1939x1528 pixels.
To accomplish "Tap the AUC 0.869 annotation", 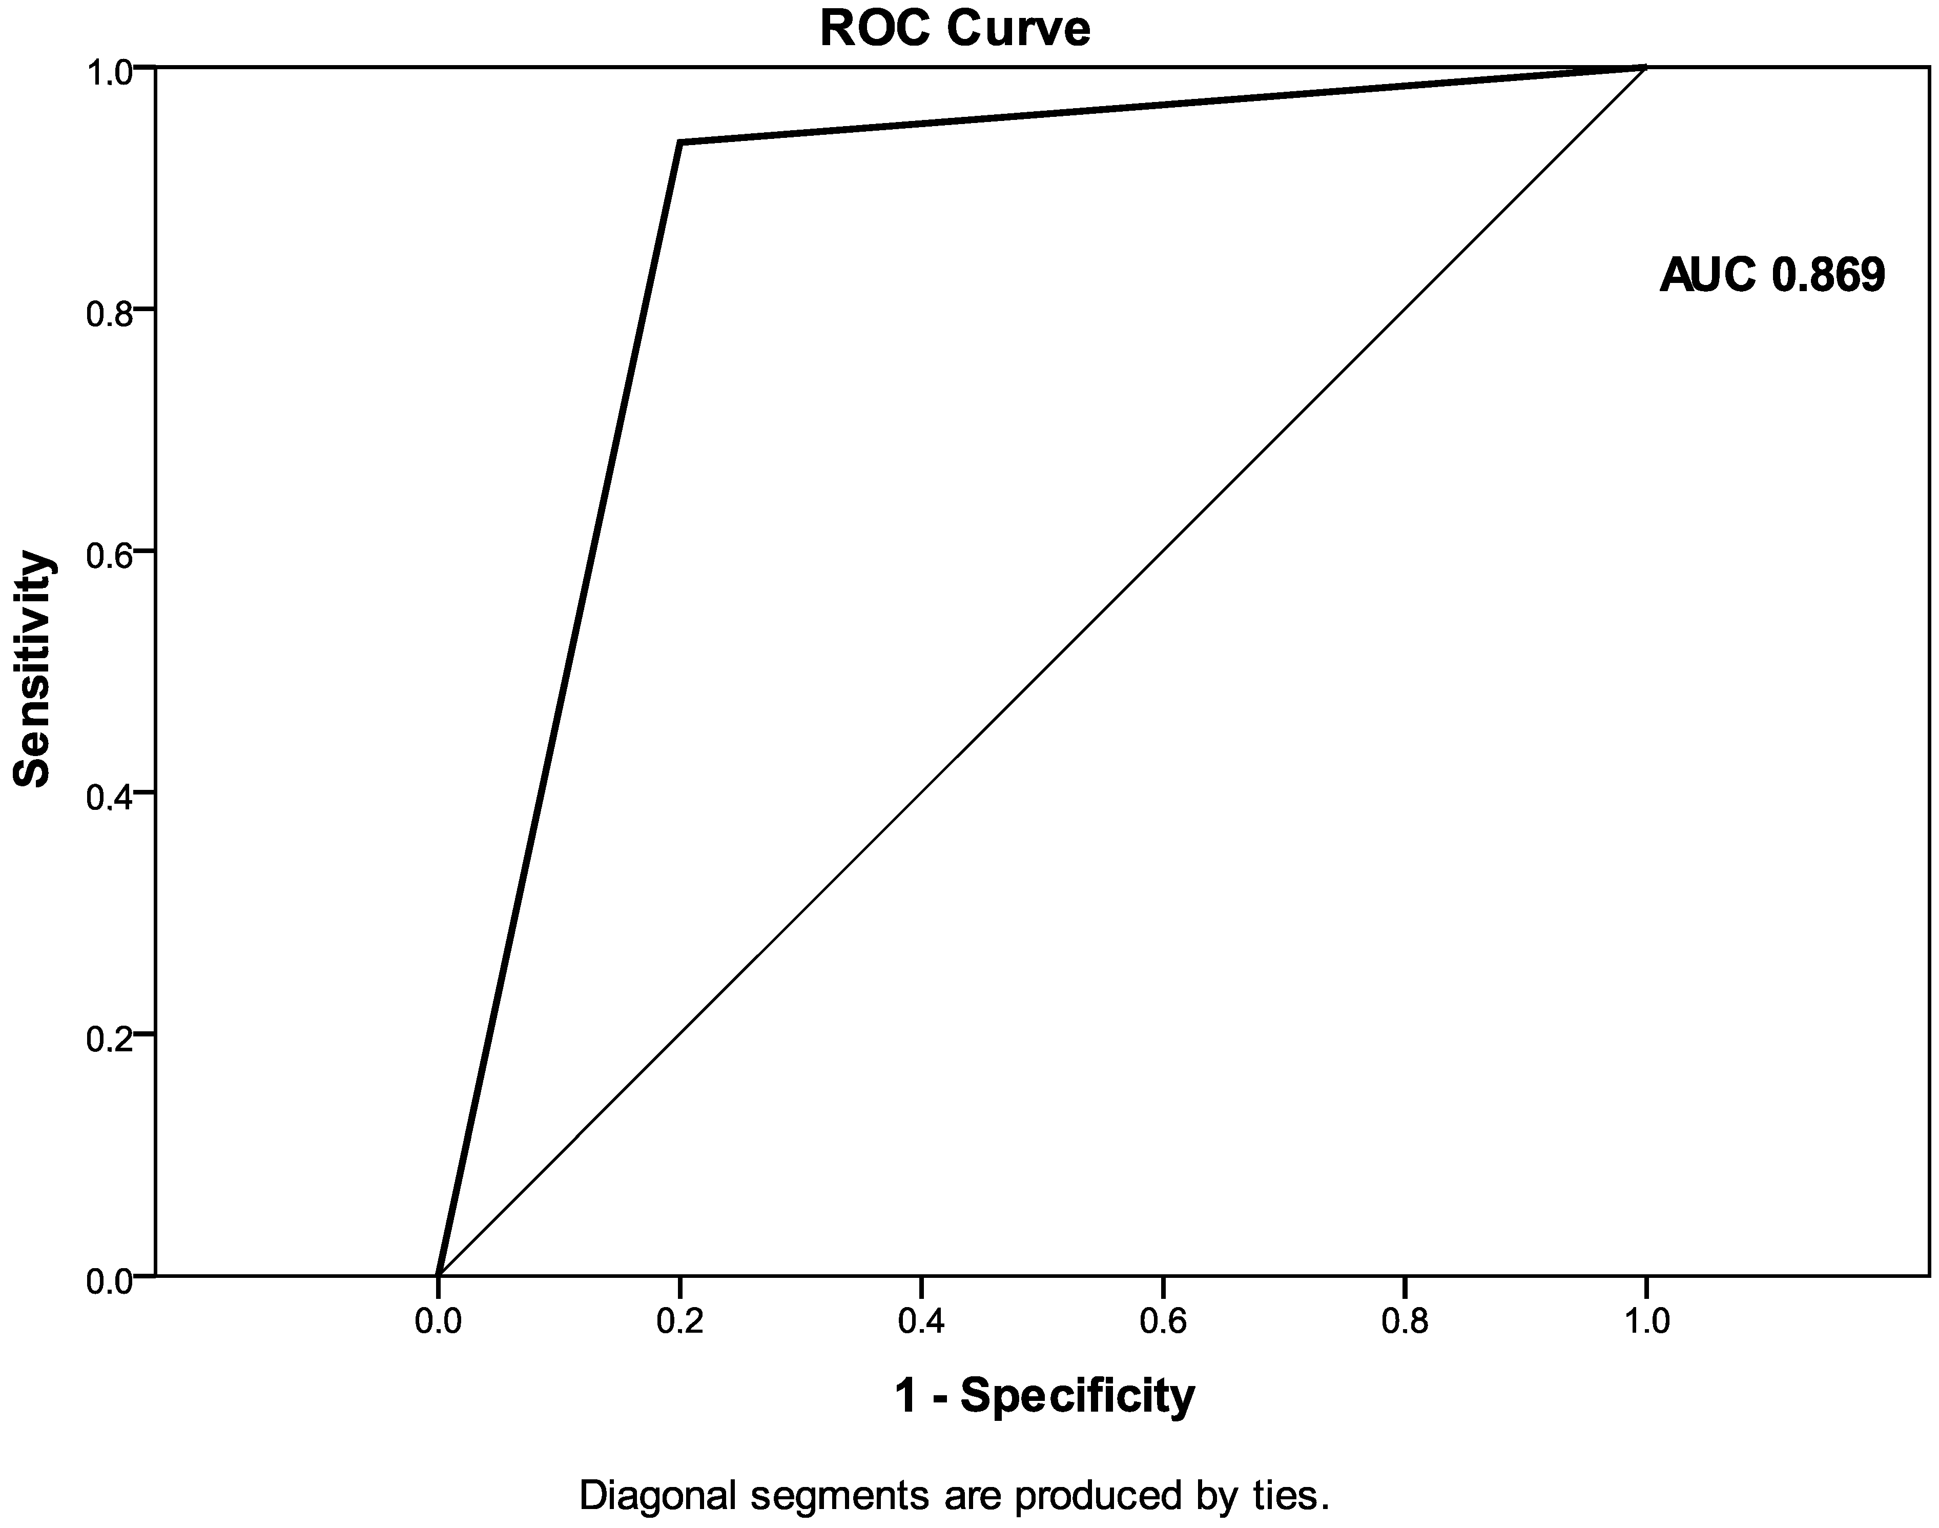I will [x=1772, y=275].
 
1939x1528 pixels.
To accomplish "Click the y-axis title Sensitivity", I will [x=33, y=669].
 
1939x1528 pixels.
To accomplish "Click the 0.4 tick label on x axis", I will [x=921, y=1320].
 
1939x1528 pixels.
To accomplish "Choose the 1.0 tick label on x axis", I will [x=1646, y=1320].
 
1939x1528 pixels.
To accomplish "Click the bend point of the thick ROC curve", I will [x=680, y=142].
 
